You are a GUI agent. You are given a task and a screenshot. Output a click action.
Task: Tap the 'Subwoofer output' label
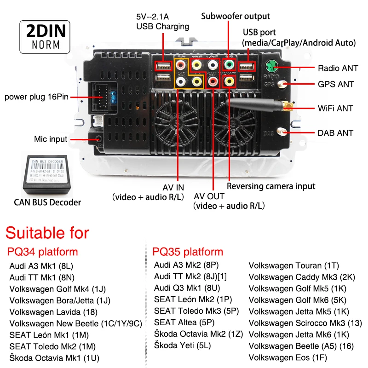pos(236,16)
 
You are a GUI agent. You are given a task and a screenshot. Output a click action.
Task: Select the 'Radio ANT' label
pos(338,68)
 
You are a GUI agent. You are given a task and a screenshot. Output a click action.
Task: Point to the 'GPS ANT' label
pos(336,84)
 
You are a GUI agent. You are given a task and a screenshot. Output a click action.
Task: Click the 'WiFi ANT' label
pos(335,109)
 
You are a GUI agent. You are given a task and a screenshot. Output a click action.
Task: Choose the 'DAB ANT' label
pos(335,133)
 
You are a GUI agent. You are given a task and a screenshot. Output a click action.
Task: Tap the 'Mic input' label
pos(51,139)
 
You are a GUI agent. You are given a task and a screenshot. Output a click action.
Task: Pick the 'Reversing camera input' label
pos(271,186)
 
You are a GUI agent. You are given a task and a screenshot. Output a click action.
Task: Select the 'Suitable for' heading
pos(47,232)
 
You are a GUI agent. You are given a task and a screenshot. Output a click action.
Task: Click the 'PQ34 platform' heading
pos(42,252)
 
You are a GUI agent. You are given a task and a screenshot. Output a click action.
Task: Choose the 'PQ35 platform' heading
pos(188,252)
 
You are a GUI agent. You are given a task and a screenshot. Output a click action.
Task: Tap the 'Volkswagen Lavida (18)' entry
pos(53,311)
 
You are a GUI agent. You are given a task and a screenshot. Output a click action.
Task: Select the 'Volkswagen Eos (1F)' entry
pos(287,357)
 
